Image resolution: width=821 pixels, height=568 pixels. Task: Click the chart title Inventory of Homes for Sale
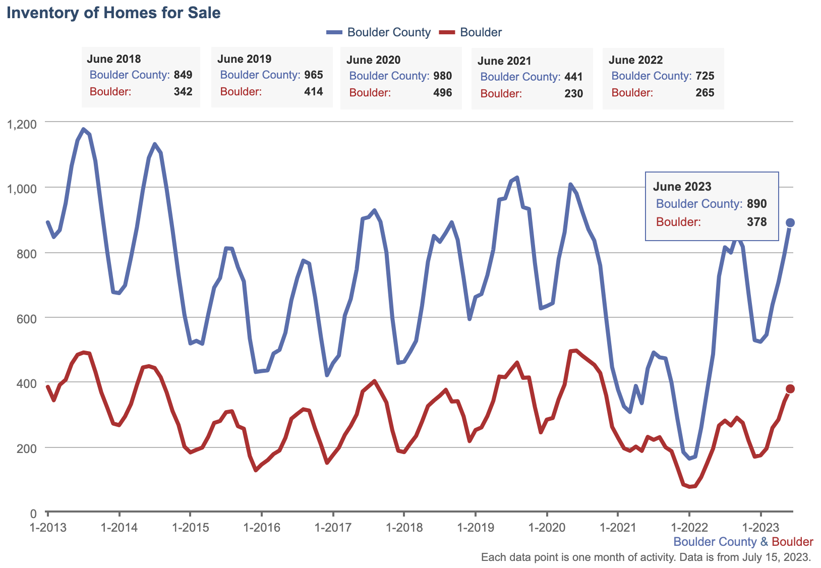113,13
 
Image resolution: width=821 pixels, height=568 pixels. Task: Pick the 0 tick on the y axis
33,514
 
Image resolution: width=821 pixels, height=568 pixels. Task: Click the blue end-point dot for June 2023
790,223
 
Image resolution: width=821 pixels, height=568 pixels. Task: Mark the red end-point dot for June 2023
790,388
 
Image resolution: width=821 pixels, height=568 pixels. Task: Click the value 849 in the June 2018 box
183,75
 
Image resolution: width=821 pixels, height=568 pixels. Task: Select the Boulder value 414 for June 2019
314,92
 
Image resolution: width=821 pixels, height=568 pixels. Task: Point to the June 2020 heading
373,60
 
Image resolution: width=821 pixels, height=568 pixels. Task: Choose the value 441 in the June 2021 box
573,77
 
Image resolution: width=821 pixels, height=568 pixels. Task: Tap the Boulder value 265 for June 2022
705,93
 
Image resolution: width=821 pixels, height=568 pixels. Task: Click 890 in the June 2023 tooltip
756,204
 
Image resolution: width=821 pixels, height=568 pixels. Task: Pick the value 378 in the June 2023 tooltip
756,222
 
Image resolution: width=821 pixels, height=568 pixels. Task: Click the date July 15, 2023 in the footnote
776,557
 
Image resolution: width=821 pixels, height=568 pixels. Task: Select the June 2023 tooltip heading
682,187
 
